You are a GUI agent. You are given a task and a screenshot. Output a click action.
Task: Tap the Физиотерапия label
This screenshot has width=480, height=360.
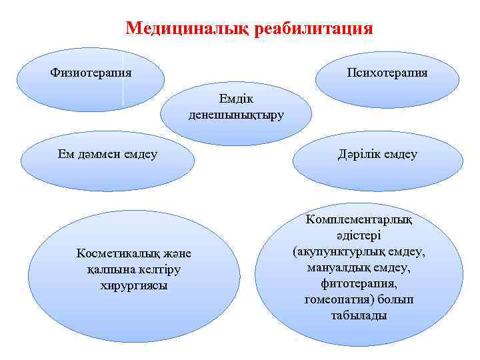tap(91, 72)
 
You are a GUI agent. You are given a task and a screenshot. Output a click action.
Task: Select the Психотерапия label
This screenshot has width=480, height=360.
tap(387, 72)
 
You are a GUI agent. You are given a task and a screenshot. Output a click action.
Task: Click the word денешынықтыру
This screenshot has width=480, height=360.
tap(236, 115)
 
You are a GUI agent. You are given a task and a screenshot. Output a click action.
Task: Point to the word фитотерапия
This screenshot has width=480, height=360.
tap(359, 284)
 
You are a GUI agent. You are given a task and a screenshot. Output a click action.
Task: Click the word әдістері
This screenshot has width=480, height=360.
tap(359, 236)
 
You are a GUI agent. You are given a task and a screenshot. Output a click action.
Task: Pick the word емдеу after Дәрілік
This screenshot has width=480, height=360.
tap(400, 155)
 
